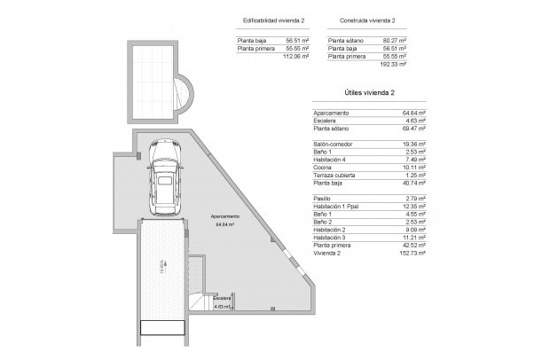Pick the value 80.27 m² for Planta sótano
[x=393, y=40]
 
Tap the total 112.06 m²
[x=295, y=56]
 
